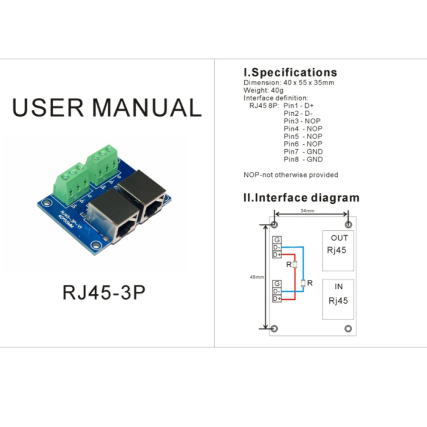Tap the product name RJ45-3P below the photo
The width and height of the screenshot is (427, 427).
(104, 292)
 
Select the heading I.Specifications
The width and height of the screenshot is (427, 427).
(290, 72)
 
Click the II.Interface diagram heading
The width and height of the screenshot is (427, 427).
(301, 198)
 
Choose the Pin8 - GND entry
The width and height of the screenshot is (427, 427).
(303, 159)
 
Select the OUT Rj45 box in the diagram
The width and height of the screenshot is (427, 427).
(338, 251)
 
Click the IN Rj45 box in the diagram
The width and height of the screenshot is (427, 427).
(338, 299)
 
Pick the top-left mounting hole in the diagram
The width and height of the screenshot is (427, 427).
(275, 225)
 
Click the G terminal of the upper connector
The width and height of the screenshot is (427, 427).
(277, 240)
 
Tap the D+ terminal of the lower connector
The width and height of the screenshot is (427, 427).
(277, 299)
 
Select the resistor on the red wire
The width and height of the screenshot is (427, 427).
(295, 265)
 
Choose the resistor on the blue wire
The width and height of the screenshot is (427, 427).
(303, 283)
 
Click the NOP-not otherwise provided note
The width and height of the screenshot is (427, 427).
(291, 175)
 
